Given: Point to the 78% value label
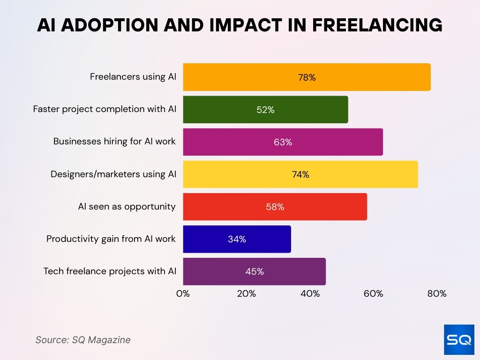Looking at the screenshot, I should [307, 78].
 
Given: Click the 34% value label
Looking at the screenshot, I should [237, 240].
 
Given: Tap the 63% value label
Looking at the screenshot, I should [283, 142].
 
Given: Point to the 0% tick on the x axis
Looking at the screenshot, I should [183, 294].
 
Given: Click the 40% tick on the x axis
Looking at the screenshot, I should [310, 294].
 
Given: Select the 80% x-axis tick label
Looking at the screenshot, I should [437, 294].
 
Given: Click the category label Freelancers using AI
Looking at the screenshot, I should [133, 77].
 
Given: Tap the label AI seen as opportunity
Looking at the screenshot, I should [127, 206].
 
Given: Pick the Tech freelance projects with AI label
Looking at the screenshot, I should [110, 271].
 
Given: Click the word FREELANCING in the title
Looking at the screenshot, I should [377, 25].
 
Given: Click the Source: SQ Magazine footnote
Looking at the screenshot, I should [83, 340].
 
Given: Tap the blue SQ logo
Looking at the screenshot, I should [459, 339].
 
